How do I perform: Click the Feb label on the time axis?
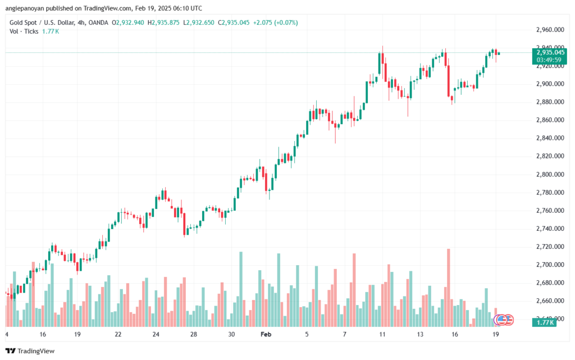click(267, 334)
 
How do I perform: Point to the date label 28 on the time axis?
click(193, 334)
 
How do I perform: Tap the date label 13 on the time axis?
click(420, 334)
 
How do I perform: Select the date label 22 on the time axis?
click(118, 334)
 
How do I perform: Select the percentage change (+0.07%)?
click(285, 22)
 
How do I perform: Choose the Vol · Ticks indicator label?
click(24, 31)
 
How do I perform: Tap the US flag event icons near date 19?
click(503, 320)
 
